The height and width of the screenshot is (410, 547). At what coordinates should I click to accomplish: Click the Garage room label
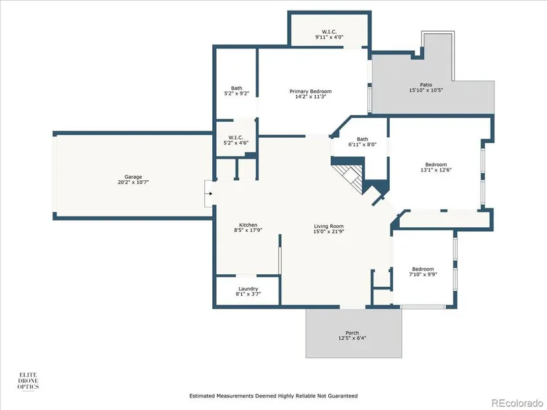(133, 177)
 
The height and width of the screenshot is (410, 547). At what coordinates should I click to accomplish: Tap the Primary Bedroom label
(310, 91)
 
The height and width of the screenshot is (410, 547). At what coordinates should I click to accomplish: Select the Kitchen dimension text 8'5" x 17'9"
(248, 230)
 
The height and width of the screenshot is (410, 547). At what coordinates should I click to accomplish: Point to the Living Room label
(329, 226)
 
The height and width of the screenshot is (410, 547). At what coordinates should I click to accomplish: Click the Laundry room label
(249, 289)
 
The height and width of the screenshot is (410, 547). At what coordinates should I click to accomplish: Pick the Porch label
(352, 333)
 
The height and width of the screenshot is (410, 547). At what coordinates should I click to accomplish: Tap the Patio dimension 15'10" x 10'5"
(426, 90)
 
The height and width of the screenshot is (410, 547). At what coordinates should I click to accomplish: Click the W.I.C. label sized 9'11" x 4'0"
(330, 32)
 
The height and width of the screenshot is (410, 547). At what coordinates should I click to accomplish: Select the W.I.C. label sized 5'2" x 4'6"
(236, 137)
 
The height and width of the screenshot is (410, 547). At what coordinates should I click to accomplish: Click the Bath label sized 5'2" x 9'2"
(237, 88)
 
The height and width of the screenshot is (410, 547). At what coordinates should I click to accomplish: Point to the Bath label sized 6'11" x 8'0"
(363, 139)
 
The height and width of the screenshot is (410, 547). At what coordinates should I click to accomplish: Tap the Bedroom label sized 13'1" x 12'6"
(436, 164)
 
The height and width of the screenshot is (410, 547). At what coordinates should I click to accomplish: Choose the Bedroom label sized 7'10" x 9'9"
(423, 269)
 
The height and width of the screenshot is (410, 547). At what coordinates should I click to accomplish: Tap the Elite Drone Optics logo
(29, 381)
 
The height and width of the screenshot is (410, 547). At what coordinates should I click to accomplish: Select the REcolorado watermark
(517, 403)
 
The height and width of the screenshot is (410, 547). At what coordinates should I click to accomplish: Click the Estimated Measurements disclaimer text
(273, 395)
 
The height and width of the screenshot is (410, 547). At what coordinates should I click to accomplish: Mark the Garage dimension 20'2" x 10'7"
(133, 182)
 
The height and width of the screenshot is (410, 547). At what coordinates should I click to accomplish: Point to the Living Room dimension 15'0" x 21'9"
(329, 231)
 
